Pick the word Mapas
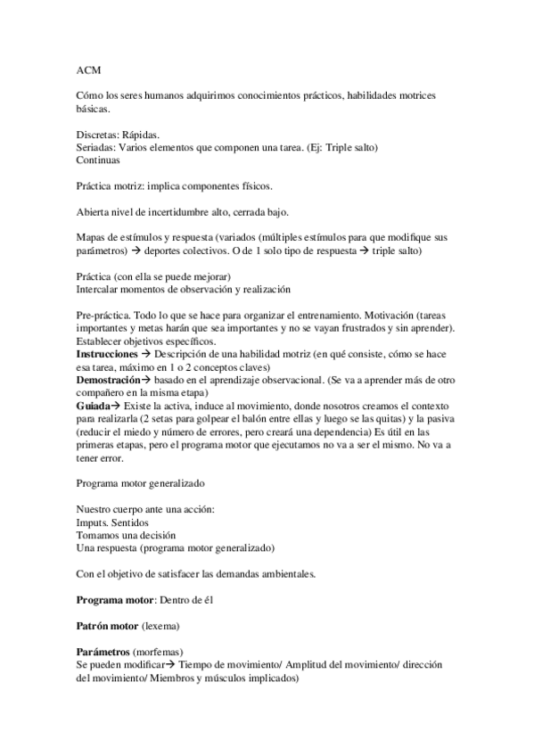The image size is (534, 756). (x=94, y=239)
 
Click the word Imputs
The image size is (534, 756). (x=94, y=522)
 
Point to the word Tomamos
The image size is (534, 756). (x=99, y=535)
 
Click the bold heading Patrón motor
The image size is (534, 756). (x=108, y=627)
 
